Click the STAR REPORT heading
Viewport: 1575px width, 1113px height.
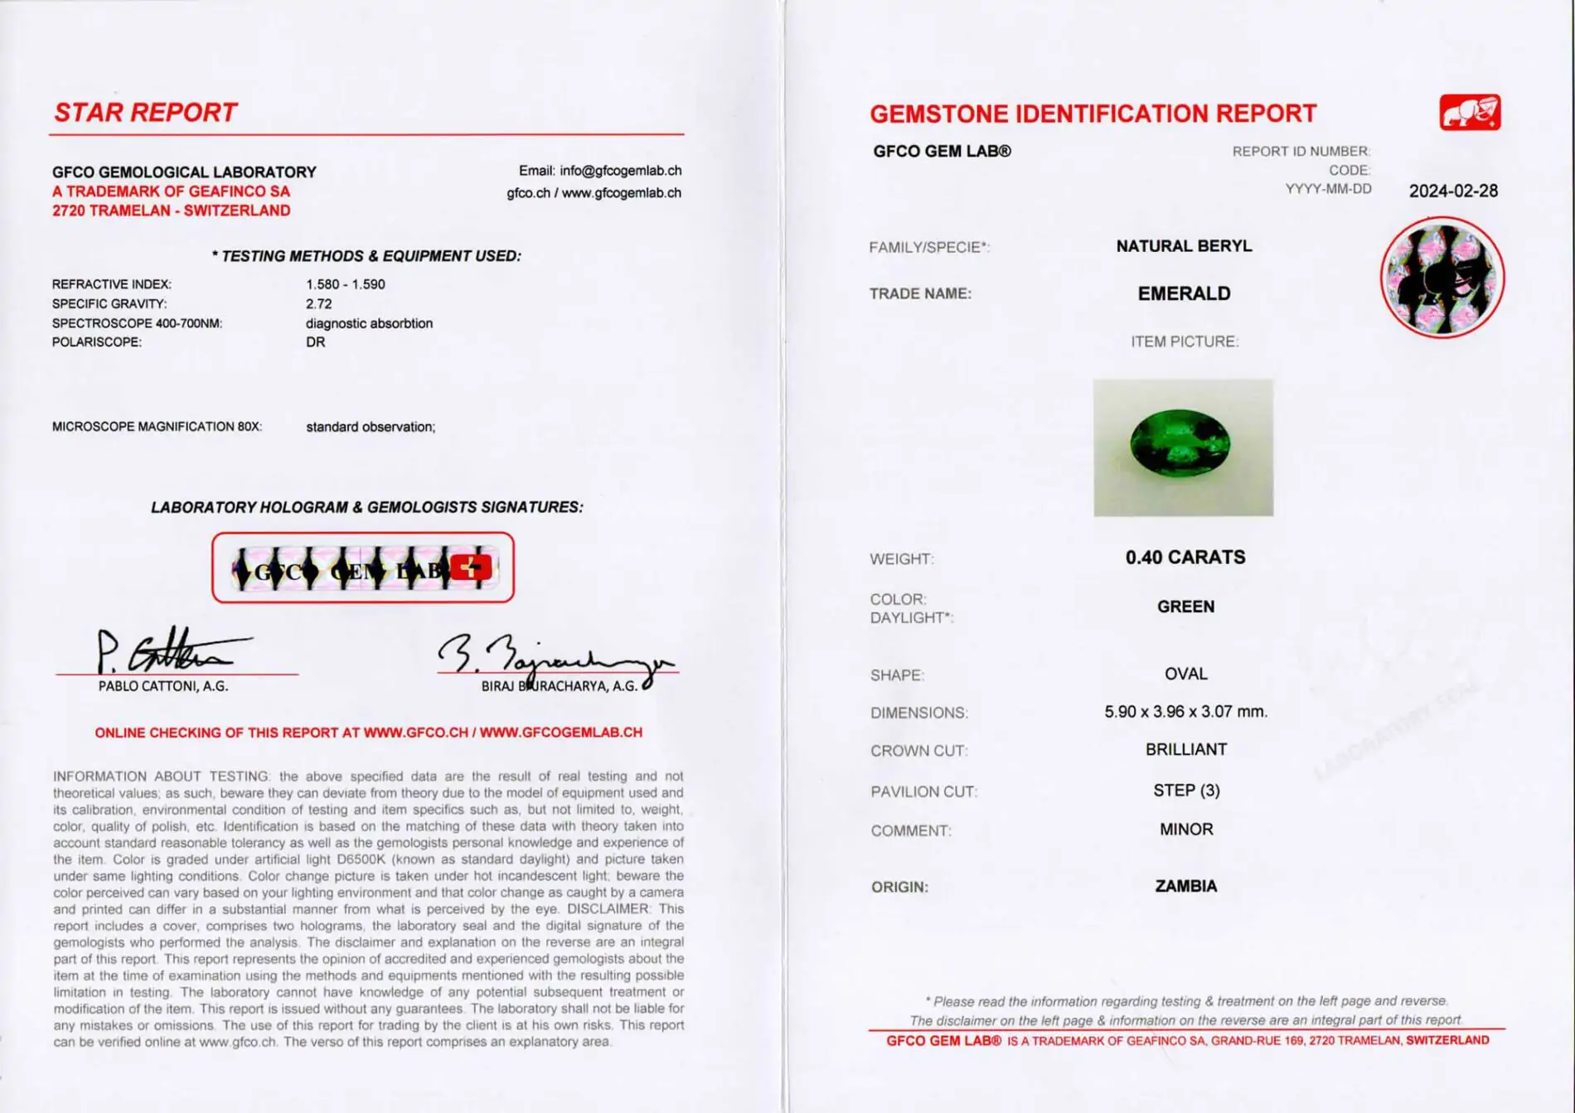point(145,113)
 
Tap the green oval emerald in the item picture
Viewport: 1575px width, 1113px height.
point(1180,443)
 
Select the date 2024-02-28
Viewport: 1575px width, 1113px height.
point(1453,191)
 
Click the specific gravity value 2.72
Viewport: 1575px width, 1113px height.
point(318,304)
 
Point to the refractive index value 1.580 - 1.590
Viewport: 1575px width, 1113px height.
point(345,284)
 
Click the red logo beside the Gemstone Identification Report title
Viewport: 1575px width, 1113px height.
point(1469,113)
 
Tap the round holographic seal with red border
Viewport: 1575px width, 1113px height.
point(1442,278)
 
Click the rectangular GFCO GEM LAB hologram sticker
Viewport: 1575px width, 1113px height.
point(362,568)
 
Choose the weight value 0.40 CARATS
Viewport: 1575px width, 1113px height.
point(1185,558)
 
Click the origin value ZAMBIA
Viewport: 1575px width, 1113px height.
point(1185,886)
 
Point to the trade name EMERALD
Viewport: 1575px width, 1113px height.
point(1184,293)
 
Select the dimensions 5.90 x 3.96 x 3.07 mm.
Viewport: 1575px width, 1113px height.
point(1185,712)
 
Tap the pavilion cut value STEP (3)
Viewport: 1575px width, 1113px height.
point(1186,791)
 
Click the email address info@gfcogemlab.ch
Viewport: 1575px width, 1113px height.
point(620,171)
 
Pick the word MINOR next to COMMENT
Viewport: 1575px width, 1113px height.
point(1186,830)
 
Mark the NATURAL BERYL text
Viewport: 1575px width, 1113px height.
point(1184,246)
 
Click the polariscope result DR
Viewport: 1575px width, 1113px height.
point(315,342)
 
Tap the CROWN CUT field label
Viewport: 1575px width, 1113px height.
point(918,751)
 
